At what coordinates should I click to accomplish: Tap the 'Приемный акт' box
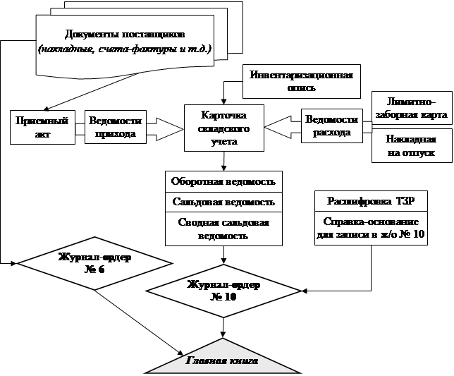(x=42, y=126)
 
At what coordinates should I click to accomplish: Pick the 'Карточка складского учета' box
(x=223, y=128)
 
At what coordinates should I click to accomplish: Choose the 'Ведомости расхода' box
(x=330, y=126)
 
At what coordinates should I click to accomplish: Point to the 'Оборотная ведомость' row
(x=223, y=181)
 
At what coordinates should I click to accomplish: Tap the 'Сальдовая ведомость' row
(x=223, y=201)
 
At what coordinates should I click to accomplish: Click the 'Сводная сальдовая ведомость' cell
(x=223, y=229)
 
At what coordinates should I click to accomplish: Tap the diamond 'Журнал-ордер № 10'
(x=223, y=290)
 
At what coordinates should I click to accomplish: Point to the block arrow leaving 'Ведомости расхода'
(x=283, y=127)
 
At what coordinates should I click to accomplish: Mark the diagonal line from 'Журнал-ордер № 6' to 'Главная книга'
(x=138, y=317)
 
